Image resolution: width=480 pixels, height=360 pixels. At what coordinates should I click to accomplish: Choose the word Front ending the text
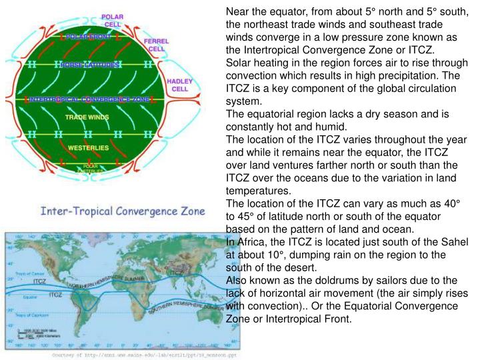point(337,319)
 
